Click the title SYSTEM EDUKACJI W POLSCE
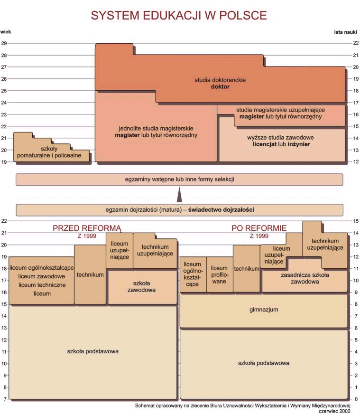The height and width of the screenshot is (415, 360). click(179, 15)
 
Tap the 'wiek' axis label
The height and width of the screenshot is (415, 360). click(6, 32)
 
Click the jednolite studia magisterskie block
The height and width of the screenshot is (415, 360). click(156, 132)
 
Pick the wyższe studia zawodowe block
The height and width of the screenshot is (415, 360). click(281, 141)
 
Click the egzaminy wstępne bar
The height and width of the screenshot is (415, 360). click(179, 179)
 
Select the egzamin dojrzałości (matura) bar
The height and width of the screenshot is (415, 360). click(179, 209)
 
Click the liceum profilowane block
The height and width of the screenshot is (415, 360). click(219, 274)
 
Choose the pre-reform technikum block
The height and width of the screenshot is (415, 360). click(90, 274)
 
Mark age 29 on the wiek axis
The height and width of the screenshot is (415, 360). click(4, 43)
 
